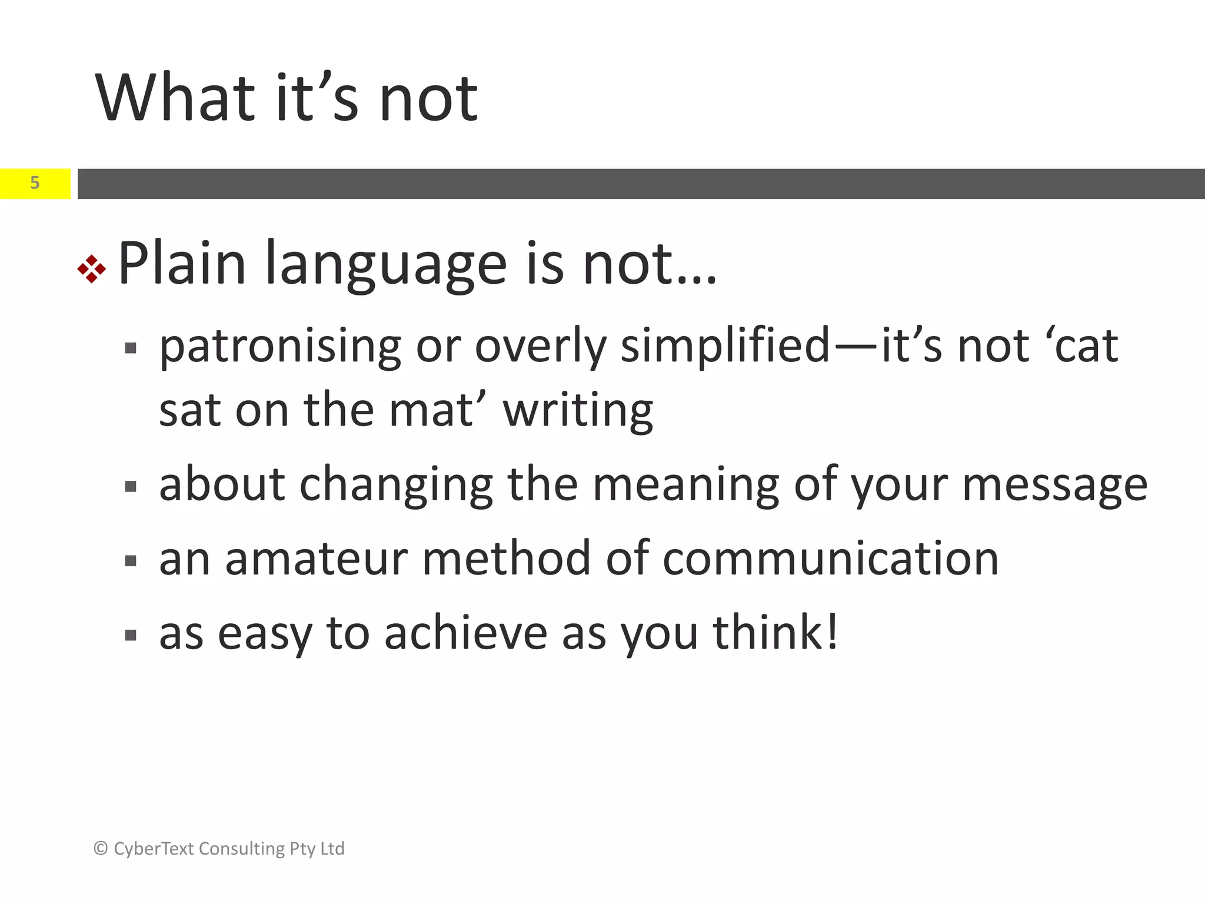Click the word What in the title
point(175,98)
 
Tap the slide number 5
point(35,183)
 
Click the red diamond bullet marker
point(92,269)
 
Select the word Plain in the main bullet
point(182,264)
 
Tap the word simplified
point(725,347)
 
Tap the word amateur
point(316,559)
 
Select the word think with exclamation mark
point(775,633)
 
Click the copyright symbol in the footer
point(101,848)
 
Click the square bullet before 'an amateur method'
point(131,561)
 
